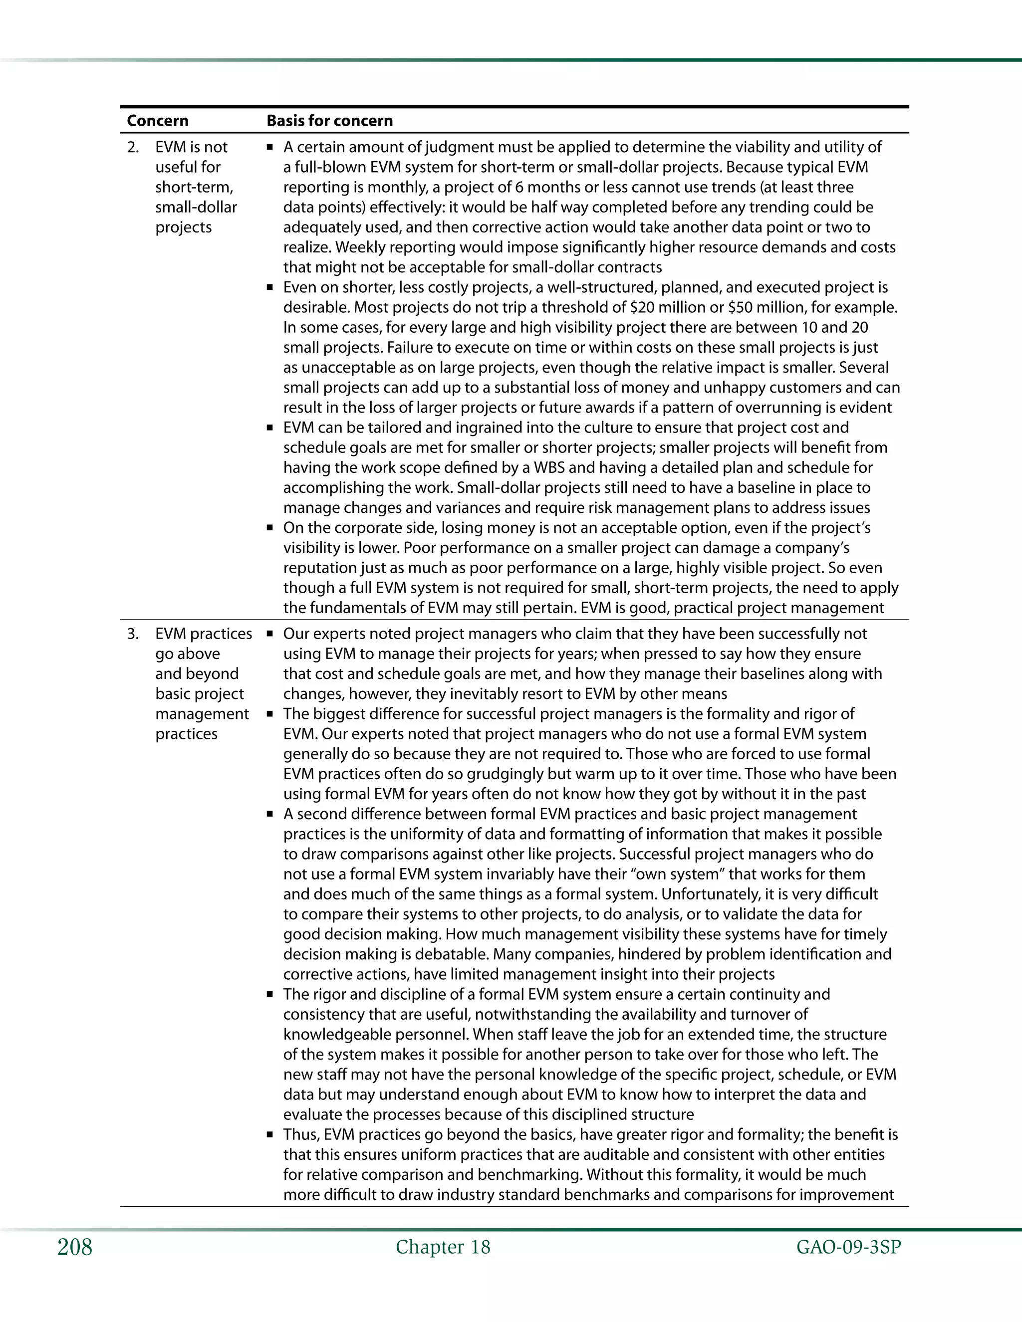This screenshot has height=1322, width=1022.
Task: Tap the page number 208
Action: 75,1247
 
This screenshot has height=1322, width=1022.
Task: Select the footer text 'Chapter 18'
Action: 443,1247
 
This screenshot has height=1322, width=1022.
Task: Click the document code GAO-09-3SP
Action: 848,1247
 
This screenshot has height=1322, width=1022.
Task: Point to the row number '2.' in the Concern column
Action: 133,147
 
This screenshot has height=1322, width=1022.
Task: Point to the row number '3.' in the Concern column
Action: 133,634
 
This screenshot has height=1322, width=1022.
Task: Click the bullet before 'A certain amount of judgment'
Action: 270,147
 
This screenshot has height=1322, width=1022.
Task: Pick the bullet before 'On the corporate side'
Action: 270,528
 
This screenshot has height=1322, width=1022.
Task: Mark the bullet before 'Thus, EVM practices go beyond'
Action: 270,1135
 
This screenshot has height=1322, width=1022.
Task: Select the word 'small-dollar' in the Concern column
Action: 196,207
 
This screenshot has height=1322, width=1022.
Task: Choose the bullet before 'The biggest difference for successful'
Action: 270,714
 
